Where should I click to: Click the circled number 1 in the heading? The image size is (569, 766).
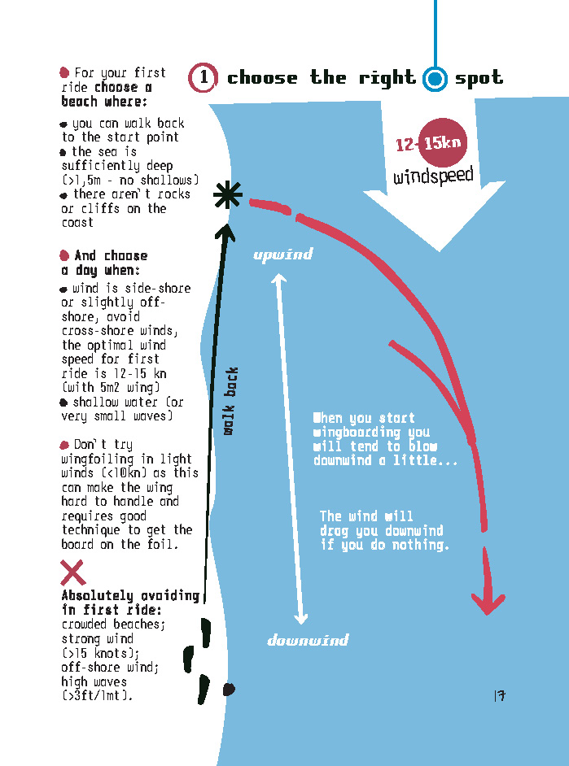tap(203, 78)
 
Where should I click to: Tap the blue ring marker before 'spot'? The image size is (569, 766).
tap(435, 79)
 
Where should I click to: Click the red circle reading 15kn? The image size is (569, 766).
tap(442, 142)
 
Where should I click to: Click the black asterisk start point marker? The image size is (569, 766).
tap(228, 195)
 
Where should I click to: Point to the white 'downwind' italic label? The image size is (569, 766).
tap(308, 640)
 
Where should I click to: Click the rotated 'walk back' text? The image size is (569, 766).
tap(230, 401)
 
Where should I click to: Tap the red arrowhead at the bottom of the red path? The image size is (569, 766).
tap(488, 603)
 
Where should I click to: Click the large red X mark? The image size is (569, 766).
tap(72, 572)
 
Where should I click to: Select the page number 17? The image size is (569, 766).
tap(500, 695)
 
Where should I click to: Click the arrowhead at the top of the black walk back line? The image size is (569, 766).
tap(225, 232)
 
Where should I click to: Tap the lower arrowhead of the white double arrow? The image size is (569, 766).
tap(300, 618)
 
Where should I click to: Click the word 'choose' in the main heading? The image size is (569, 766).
tap(262, 78)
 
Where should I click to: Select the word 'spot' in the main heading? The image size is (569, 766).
tap(479, 78)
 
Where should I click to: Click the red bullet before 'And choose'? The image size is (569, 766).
tap(64, 255)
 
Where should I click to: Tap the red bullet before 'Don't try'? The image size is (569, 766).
tap(64, 445)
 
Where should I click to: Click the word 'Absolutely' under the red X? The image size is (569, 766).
tap(98, 596)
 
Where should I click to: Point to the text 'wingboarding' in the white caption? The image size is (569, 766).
tap(357, 433)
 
